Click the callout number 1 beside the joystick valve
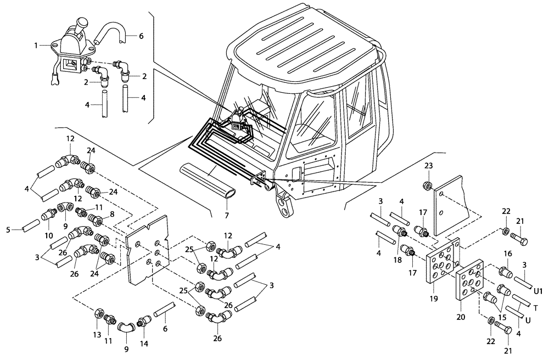point(36,46)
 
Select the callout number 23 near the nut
point(428,165)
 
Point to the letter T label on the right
point(536,308)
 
